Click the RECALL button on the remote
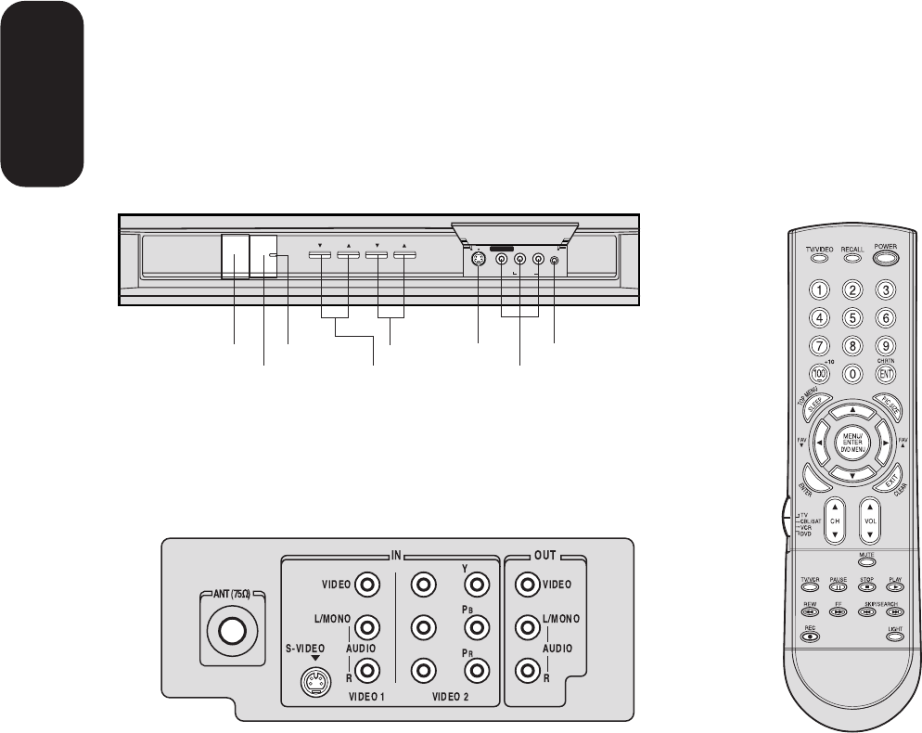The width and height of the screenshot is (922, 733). (x=852, y=259)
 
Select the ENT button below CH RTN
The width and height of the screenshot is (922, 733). (x=885, y=373)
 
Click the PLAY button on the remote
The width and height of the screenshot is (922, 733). (x=895, y=586)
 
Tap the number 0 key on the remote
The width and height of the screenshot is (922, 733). (x=852, y=373)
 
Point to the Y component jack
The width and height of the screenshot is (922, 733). (x=476, y=585)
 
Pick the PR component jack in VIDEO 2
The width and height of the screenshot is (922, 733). (x=476, y=668)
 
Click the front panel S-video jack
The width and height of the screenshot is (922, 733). (x=477, y=262)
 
